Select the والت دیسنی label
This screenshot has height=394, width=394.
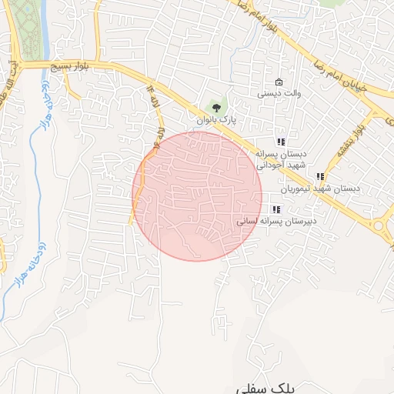point(278,95)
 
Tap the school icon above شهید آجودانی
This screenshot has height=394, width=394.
point(282,142)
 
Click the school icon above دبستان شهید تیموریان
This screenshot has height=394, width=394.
point(320,176)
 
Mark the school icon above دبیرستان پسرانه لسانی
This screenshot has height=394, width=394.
point(276,209)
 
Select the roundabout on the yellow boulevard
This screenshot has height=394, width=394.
point(380,226)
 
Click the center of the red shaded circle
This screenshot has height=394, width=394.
point(197,196)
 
